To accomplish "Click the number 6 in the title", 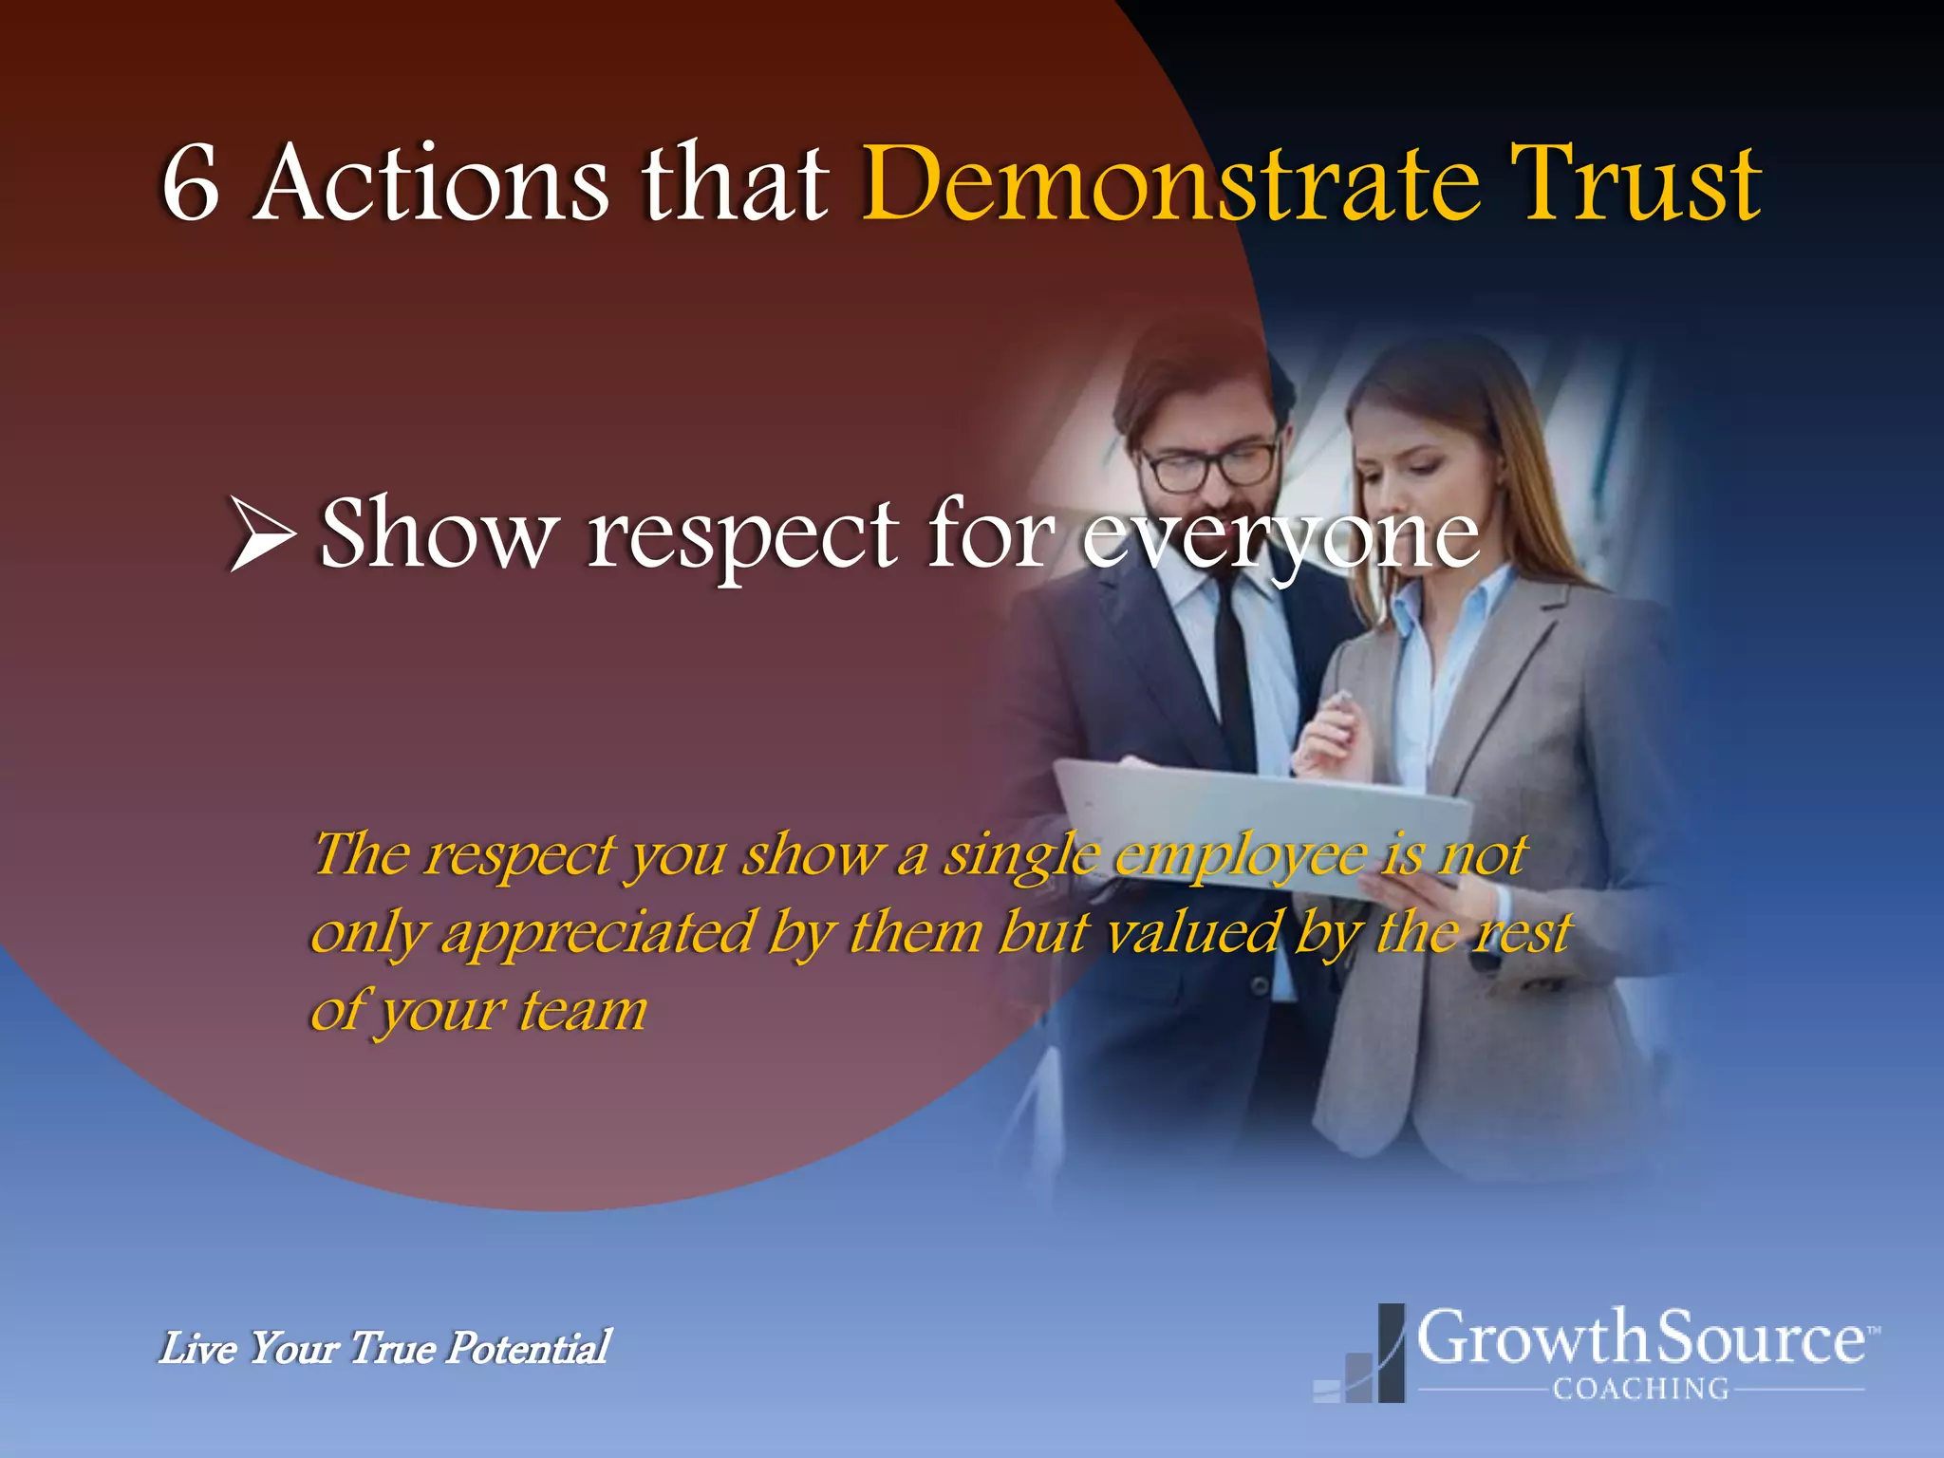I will (192, 183).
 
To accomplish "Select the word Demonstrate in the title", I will (1169, 183).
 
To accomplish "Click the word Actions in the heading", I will (432, 183).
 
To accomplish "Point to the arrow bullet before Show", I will (261, 534).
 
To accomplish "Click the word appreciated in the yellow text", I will (598, 934).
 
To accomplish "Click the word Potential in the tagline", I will (528, 1348).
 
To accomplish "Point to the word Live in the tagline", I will (197, 1348).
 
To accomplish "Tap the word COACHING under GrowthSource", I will (1640, 1390).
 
